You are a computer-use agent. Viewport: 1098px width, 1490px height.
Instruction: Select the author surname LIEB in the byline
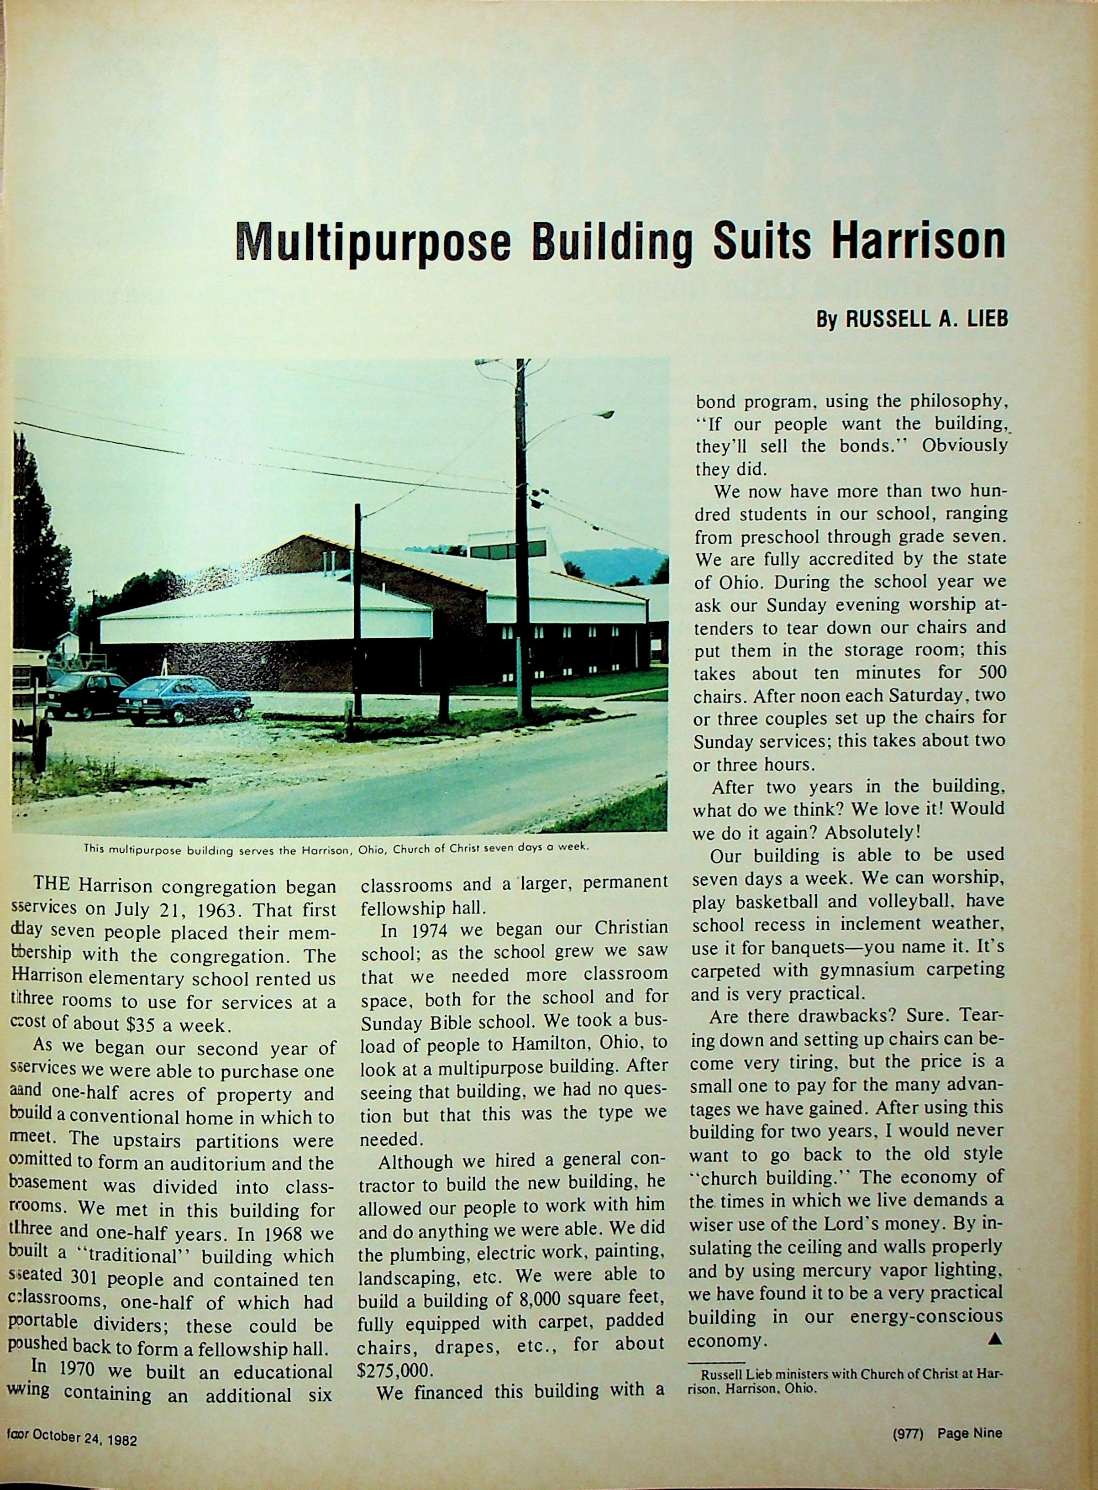pyautogui.click(x=981, y=320)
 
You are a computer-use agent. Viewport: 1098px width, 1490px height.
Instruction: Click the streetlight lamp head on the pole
pyautogui.click(x=605, y=414)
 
